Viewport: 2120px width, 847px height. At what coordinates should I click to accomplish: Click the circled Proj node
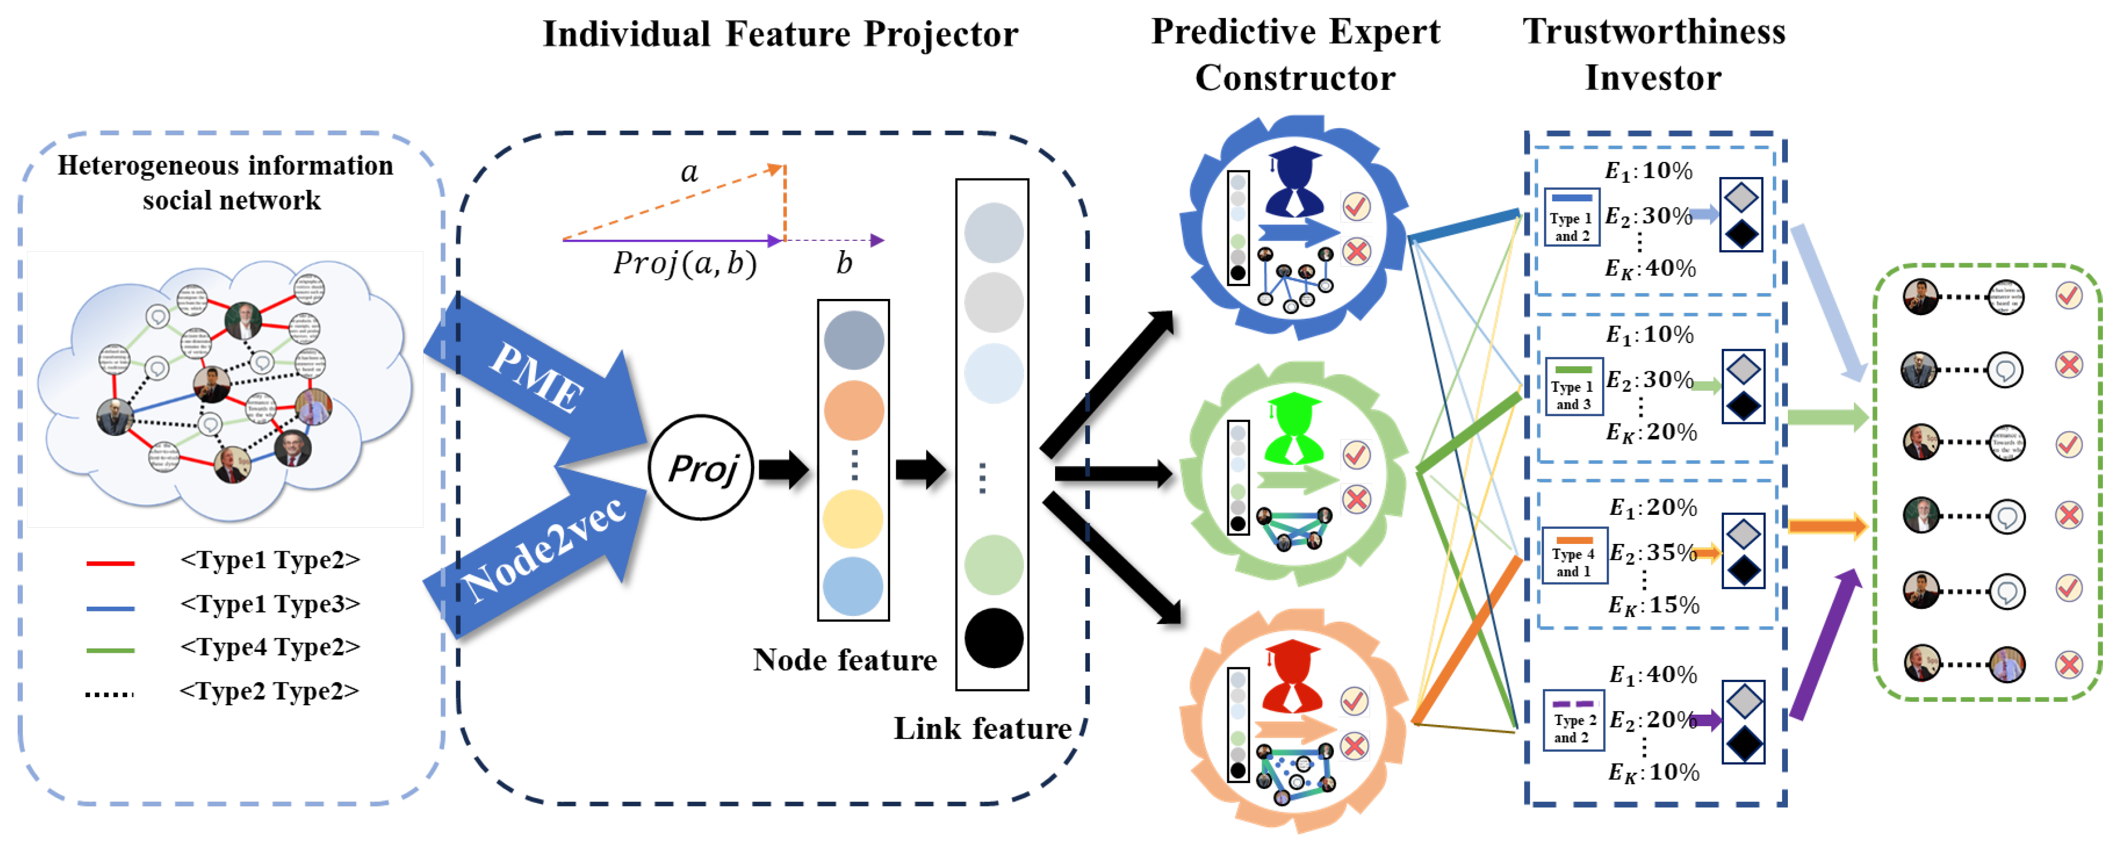click(701, 468)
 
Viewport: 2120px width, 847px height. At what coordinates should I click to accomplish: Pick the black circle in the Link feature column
click(993, 638)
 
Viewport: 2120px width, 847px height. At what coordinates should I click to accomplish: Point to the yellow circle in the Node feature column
click(853, 518)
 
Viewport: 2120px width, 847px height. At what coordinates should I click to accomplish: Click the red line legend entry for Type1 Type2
click(110, 564)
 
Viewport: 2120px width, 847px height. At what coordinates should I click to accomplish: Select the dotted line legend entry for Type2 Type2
click(110, 694)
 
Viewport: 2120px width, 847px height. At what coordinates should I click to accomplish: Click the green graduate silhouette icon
click(1294, 428)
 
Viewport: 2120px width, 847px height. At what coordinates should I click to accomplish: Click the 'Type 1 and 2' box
click(1571, 218)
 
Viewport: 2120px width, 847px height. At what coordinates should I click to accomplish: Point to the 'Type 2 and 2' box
click(1574, 720)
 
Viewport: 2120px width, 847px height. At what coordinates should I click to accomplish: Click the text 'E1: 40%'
click(1652, 675)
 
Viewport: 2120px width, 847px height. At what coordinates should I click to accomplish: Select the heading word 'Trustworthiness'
click(1653, 31)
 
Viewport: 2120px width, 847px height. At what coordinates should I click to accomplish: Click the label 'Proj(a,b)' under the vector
click(684, 264)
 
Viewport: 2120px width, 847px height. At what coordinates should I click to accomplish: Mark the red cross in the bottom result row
click(2068, 664)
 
